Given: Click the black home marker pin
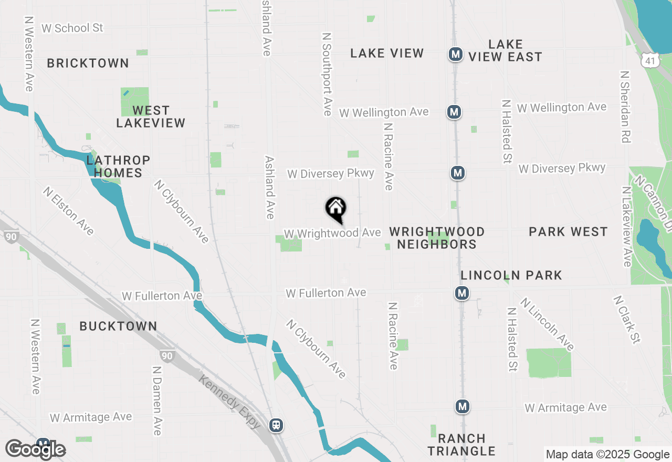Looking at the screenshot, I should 336,209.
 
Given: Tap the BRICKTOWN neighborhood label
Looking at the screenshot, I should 88,63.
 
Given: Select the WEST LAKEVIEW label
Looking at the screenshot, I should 151,117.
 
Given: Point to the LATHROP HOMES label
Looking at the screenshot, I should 115,166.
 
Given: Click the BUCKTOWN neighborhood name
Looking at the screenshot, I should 118,326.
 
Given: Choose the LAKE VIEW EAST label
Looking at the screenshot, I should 505,50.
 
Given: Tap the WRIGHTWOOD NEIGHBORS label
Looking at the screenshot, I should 437,238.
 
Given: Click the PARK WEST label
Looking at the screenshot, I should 568,232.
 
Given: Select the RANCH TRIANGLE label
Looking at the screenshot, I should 461,445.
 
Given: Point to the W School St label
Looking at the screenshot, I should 72,28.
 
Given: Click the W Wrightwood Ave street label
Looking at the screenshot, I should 332,233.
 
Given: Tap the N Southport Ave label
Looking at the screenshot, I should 327,74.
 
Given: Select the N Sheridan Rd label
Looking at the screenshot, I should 625,107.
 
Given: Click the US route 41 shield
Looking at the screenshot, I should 650,60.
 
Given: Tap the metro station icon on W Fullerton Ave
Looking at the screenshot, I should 462,293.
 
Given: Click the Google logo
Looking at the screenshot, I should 35,449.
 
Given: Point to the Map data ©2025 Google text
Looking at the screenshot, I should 607,455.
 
